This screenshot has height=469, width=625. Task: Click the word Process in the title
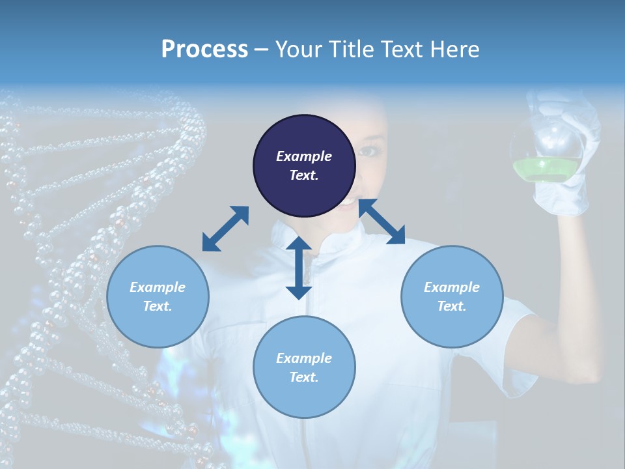coord(204,50)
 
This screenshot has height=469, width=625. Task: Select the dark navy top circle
coord(304,165)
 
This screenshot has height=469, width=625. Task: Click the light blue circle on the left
coord(158,296)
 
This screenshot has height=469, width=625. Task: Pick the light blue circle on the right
coord(452,296)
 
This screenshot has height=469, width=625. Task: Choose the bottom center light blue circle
coord(304,367)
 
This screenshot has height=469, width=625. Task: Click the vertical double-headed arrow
coord(299,268)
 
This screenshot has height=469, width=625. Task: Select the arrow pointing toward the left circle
coord(225,229)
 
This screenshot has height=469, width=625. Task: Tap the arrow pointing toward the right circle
coord(382,222)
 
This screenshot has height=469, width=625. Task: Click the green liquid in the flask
coord(546,171)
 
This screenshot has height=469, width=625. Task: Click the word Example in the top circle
coord(304,156)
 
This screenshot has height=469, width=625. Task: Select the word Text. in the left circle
coord(158,306)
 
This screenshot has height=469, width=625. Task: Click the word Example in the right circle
coord(452,287)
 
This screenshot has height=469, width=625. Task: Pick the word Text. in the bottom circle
coord(304,377)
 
